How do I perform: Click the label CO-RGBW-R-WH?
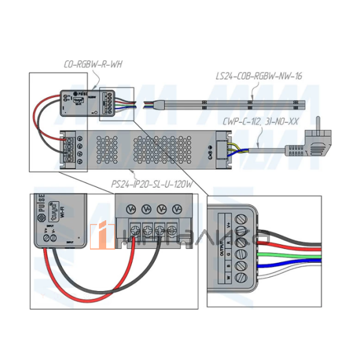click(x=93, y=64)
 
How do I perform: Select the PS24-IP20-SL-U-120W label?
click(x=152, y=184)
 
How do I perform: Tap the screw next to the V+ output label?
click(x=242, y=230)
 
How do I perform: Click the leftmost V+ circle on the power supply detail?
click(x=132, y=209)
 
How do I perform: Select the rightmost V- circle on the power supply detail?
click(x=176, y=209)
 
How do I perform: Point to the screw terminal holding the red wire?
click(x=132, y=229)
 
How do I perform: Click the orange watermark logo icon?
click(x=103, y=235)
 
